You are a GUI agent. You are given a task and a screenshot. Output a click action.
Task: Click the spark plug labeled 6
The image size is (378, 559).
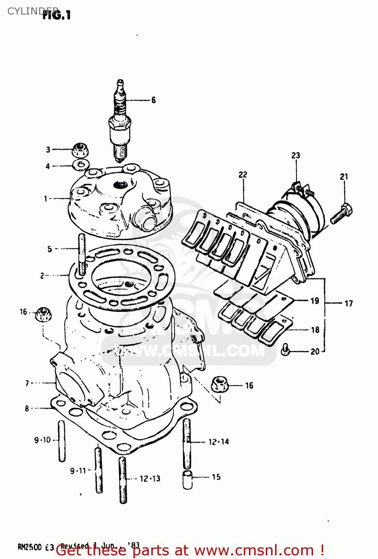pyautogui.click(x=120, y=123)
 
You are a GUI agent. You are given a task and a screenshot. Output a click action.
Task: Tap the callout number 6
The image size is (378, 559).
pyautogui.click(x=153, y=100)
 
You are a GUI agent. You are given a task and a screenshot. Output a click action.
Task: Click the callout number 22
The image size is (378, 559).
pyautogui.click(x=243, y=174)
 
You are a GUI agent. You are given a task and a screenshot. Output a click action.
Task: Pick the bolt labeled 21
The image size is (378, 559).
pyautogui.click(x=341, y=214)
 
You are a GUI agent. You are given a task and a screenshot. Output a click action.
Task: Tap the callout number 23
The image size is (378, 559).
pyautogui.click(x=296, y=155)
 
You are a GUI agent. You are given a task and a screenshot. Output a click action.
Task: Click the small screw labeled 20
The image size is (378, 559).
pyautogui.click(x=286, y=350)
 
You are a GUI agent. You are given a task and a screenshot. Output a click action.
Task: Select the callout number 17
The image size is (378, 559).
pyautogui.click(x=349, y=303)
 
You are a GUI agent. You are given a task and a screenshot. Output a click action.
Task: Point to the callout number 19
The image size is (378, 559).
pyautogui.click(x=315, y=300)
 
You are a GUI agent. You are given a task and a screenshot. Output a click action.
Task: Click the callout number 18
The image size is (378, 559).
pyautogui.click(x=315, y=329)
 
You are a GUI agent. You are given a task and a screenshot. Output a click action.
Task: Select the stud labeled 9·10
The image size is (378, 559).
pyautogui.click(x=62, y=441)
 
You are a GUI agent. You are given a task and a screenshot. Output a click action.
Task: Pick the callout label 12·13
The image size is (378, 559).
pyautogui.click(x=150, y=479)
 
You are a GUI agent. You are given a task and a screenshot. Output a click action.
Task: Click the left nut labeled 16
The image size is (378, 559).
pyautogui.click(x=43, y=315)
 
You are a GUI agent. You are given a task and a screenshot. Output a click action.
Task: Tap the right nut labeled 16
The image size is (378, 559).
pyautogui.click(x=220, y=384)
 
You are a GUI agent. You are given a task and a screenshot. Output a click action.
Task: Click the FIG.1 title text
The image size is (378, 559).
pyautogui.click(x=57, y=15)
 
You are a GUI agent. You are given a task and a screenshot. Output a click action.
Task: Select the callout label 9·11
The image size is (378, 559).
pyautogui.click(x=78, y=471)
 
